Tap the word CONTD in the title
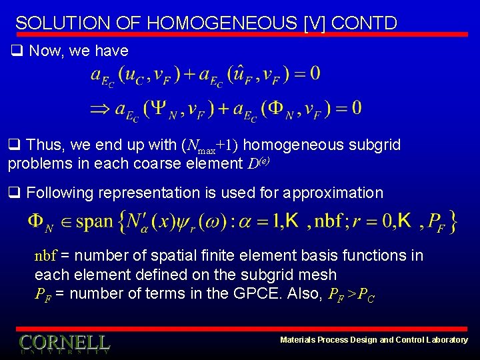point(363,23)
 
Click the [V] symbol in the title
point(313,23)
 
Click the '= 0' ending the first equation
point(305,73)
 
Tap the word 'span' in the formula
point(94,222)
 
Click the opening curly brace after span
point(123,222)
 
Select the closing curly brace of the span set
point(453,222)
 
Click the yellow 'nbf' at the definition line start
point(45,255)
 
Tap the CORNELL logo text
point(64,343)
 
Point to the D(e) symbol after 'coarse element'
point(261,163)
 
